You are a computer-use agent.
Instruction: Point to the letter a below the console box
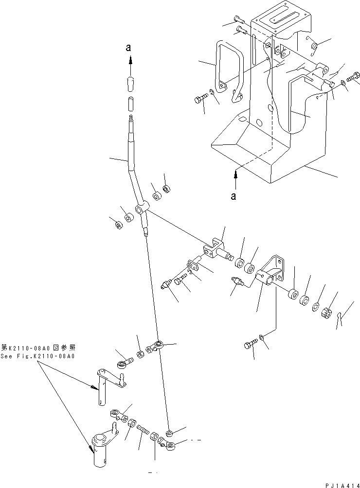coord(234,196)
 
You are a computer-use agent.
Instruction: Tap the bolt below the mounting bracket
coord(249,346)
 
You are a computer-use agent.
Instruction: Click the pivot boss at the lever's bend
coord(140,209)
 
